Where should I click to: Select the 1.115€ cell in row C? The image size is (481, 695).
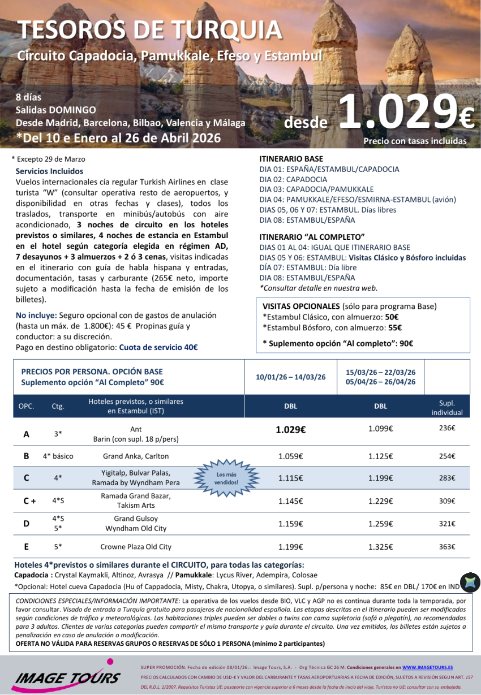(290, 478)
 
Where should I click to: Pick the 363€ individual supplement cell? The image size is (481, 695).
(446, 546)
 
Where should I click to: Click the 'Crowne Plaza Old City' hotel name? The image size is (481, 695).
(136, 547)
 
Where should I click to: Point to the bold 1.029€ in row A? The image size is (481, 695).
(290, 429)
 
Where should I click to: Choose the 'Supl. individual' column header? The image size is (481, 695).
(446, 407)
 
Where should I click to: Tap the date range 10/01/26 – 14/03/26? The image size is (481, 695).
(290, 377)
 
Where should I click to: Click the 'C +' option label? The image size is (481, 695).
(29, 500)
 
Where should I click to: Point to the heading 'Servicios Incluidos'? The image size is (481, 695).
(49, 171)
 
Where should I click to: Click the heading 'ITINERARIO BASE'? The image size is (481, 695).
(291, 159)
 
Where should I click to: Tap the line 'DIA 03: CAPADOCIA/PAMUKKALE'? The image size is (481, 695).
(308, 189)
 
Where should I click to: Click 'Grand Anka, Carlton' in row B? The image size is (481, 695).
(136, 456)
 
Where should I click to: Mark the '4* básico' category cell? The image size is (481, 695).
(58, 456)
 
